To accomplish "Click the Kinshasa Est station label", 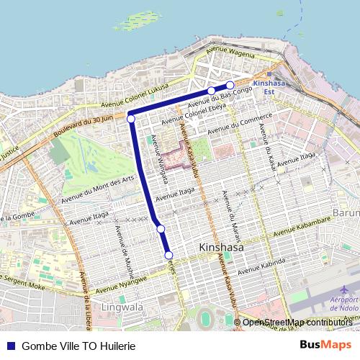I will coord(276,87).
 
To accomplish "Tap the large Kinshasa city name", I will coord(220,248).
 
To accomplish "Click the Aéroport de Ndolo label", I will coord(343,303).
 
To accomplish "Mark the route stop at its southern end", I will coord(169,255).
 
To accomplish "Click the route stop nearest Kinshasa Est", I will coord(230,86).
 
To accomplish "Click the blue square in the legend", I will coord(10,346).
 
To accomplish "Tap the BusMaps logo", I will coord(325,346).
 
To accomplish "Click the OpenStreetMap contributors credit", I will coord(297,323).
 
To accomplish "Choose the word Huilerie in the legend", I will coord(117,346).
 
